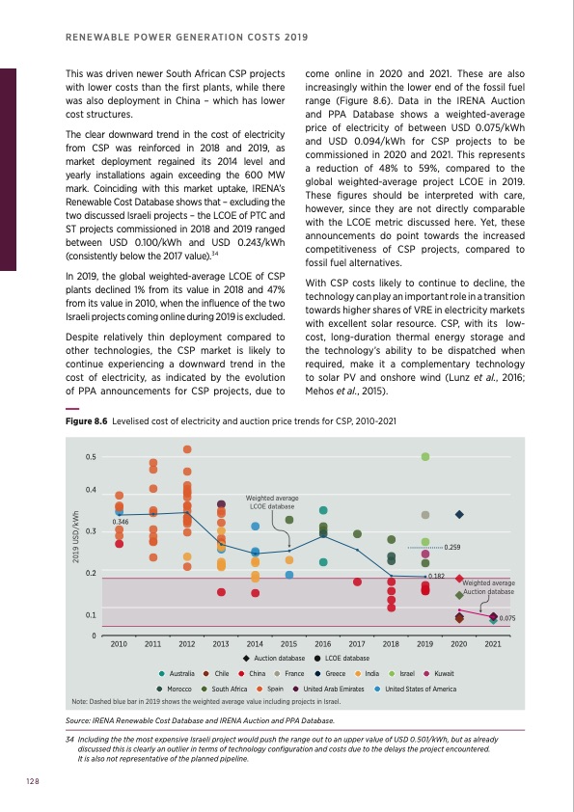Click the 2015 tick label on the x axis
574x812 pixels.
288,643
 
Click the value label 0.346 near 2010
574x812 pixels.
121,522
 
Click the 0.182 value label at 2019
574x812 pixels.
435,576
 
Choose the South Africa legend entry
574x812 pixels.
227,690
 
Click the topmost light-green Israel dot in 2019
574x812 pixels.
425,456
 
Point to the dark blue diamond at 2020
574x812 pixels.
460,515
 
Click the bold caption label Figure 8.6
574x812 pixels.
84,421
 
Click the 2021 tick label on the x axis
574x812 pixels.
493,643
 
